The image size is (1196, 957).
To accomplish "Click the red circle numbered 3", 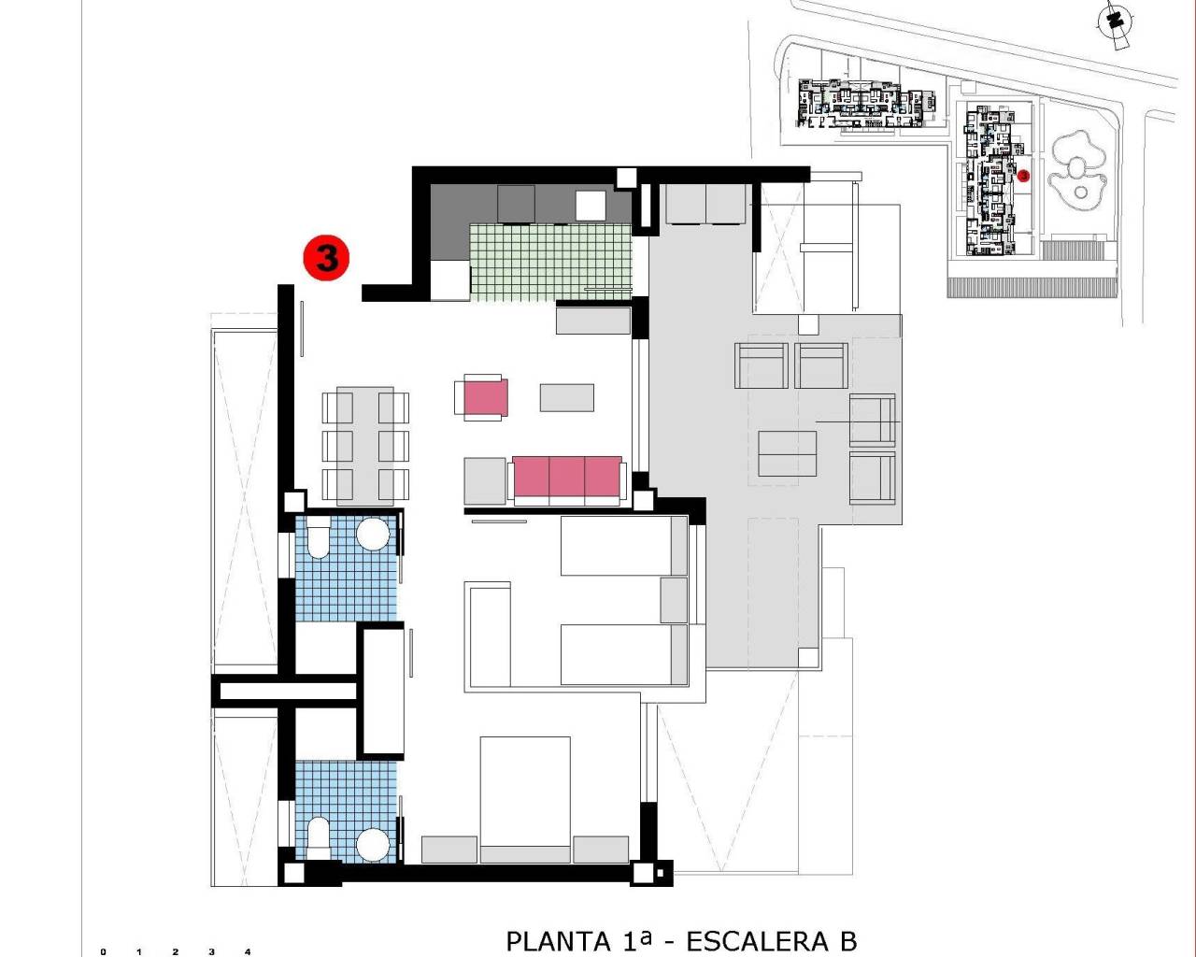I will click(x=326, y=257).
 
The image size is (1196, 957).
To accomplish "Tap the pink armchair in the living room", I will click(x=481, y=396).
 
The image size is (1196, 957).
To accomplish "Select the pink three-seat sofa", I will click(x=566, y=477).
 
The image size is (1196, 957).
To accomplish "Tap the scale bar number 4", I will click(x=248, y=951).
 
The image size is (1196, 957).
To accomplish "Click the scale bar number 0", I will click(x=103, y=951).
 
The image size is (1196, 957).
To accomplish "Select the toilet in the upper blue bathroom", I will click(x=318, y=539).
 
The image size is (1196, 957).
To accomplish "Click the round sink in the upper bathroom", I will click(x=373, y=535).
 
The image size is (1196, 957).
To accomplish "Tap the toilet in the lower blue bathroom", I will click(x=318, y=837).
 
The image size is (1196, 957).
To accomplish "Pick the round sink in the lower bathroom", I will click(x=373, y=844).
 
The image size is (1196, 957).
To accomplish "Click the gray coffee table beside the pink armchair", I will click(x=566, y=397).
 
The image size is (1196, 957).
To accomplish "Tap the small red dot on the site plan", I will click(x=1023, y=175).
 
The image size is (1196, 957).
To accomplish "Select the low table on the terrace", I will click(x=787, y=452).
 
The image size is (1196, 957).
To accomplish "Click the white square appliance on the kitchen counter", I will click(x=591, y=205).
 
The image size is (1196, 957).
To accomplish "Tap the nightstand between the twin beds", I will click(x=674, y=599).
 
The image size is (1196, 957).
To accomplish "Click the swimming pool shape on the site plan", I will click(x=1078, y=174).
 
